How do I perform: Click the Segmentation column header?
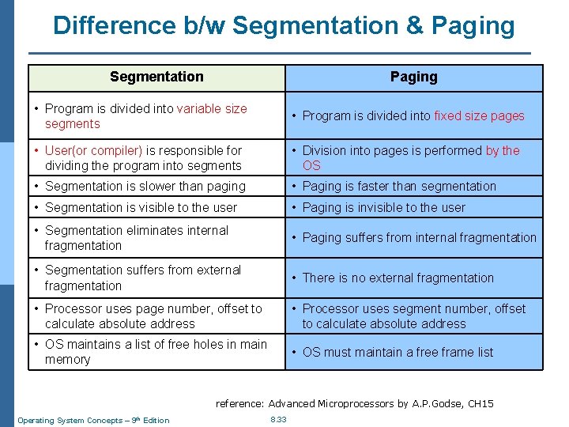[x=156, y=77]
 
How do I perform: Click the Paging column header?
[x=413, y=77]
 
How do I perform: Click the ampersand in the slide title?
[x=414, y=26]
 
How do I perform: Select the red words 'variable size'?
[x=212, y=108]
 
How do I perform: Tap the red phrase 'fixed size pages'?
[x=479, y=115]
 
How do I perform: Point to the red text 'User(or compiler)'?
[x=94, y=150]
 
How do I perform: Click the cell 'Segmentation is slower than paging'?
[x=134, y=186]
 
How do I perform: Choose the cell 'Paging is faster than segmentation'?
[x=399, y=186]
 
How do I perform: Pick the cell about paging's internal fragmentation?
[x=419, y=237]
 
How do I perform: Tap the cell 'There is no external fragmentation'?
[x=398, y=278]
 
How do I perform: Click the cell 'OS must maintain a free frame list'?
[x=398, y=352]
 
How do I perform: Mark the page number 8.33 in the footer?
[x=278, y=420]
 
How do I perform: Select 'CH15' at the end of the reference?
[x=480, y=404]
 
